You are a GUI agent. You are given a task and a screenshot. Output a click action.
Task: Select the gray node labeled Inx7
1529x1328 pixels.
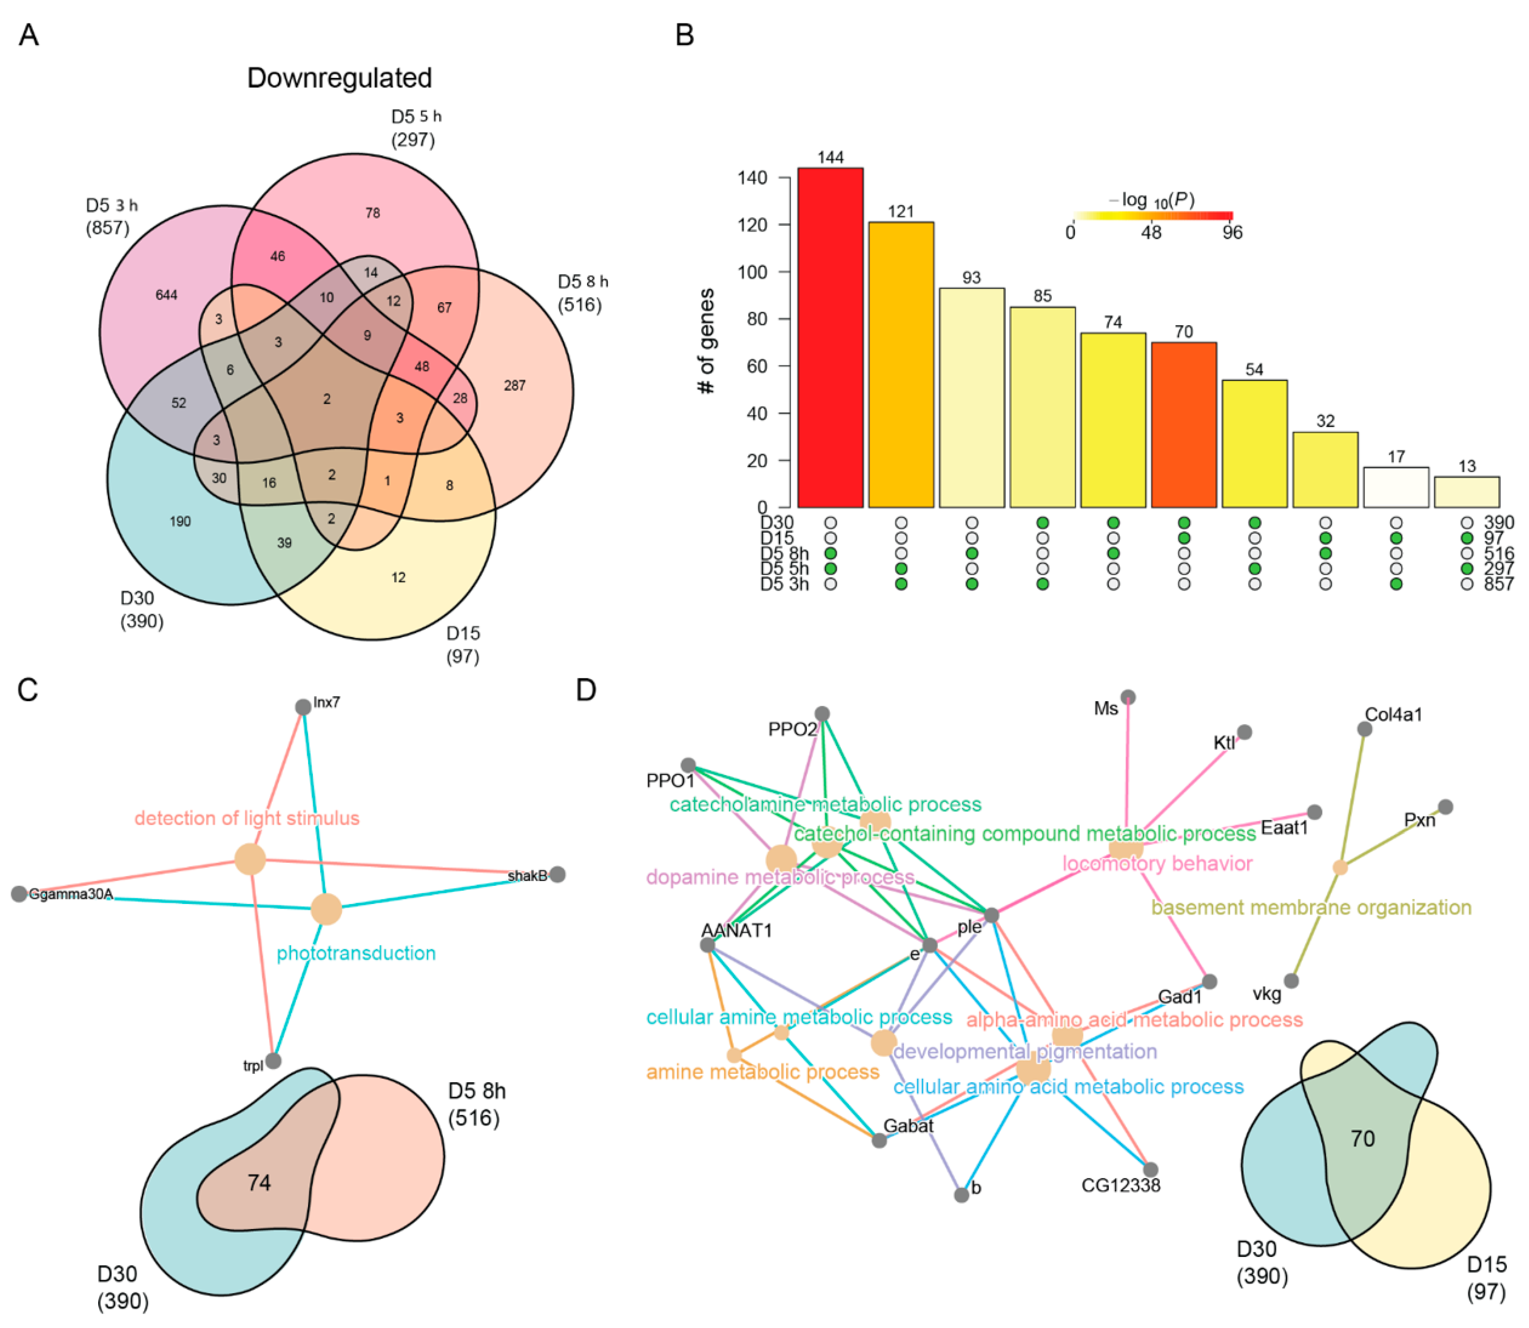tap(303, 707)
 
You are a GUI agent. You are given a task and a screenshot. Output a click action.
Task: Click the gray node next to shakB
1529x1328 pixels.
tap(557, 874)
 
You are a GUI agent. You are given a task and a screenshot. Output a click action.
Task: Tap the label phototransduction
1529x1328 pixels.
tap(356, 953)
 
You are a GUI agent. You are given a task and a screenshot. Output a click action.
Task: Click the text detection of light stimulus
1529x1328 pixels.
tap(247, 818)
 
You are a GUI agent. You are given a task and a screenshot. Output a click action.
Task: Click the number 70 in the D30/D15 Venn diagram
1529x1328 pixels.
tap(1362, 1138)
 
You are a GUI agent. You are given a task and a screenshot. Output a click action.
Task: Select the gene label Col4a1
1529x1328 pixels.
tap(1393, 714)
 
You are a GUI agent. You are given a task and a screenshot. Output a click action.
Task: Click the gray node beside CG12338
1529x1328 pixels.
tap(1150, 1170)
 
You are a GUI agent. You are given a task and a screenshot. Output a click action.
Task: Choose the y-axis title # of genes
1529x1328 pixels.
tap(707, 341)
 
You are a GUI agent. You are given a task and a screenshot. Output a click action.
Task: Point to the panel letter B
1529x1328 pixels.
tap(684, 35)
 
